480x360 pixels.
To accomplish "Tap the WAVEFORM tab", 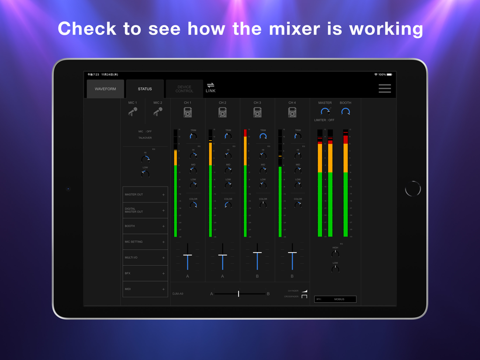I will pos(105,89).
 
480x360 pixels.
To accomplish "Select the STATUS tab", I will pos(145,89).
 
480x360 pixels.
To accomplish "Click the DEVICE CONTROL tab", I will pos(184,89).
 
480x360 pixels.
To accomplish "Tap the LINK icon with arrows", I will pos(210,87).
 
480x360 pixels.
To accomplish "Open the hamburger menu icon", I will pos(384,89).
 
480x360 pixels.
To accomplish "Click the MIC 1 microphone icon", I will pos(133,112).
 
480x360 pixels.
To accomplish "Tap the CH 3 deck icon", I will pos(257,112).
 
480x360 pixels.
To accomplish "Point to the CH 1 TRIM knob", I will pos(193,136).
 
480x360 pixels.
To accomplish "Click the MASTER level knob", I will pos(325,112).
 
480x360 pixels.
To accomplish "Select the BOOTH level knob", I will pos(345,112).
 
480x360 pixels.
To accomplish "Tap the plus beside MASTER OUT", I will pos(163,195).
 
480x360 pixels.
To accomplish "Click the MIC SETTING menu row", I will pos(145,242).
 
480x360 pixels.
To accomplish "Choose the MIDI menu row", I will pos(145,289).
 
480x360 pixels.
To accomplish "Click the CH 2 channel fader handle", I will pos(223,255).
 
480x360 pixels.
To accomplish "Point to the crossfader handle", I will pos(239,293).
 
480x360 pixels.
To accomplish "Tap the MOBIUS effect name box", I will pos(339,299).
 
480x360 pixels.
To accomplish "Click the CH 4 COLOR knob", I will pos(298,205).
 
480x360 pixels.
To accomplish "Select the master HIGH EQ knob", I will pos(335,254).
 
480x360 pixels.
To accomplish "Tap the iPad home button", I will pos(413,188).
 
